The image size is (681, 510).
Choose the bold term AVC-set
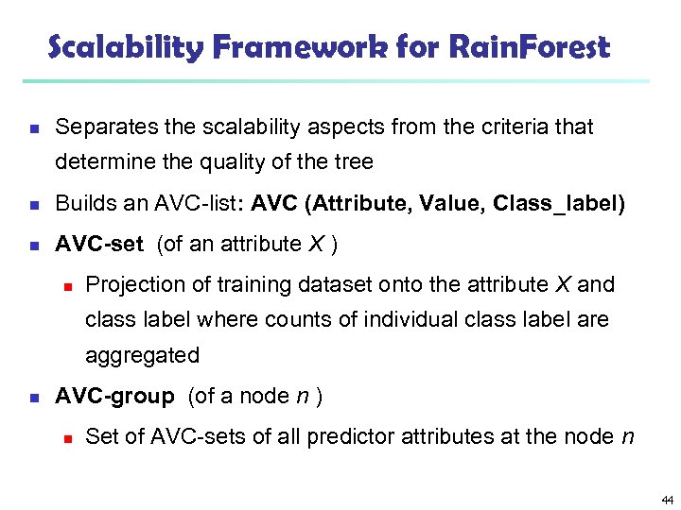coord(99,244)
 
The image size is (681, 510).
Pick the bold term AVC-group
coord(114,397)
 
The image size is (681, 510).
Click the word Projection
coord(130,284)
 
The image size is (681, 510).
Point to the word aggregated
coord(142,356)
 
